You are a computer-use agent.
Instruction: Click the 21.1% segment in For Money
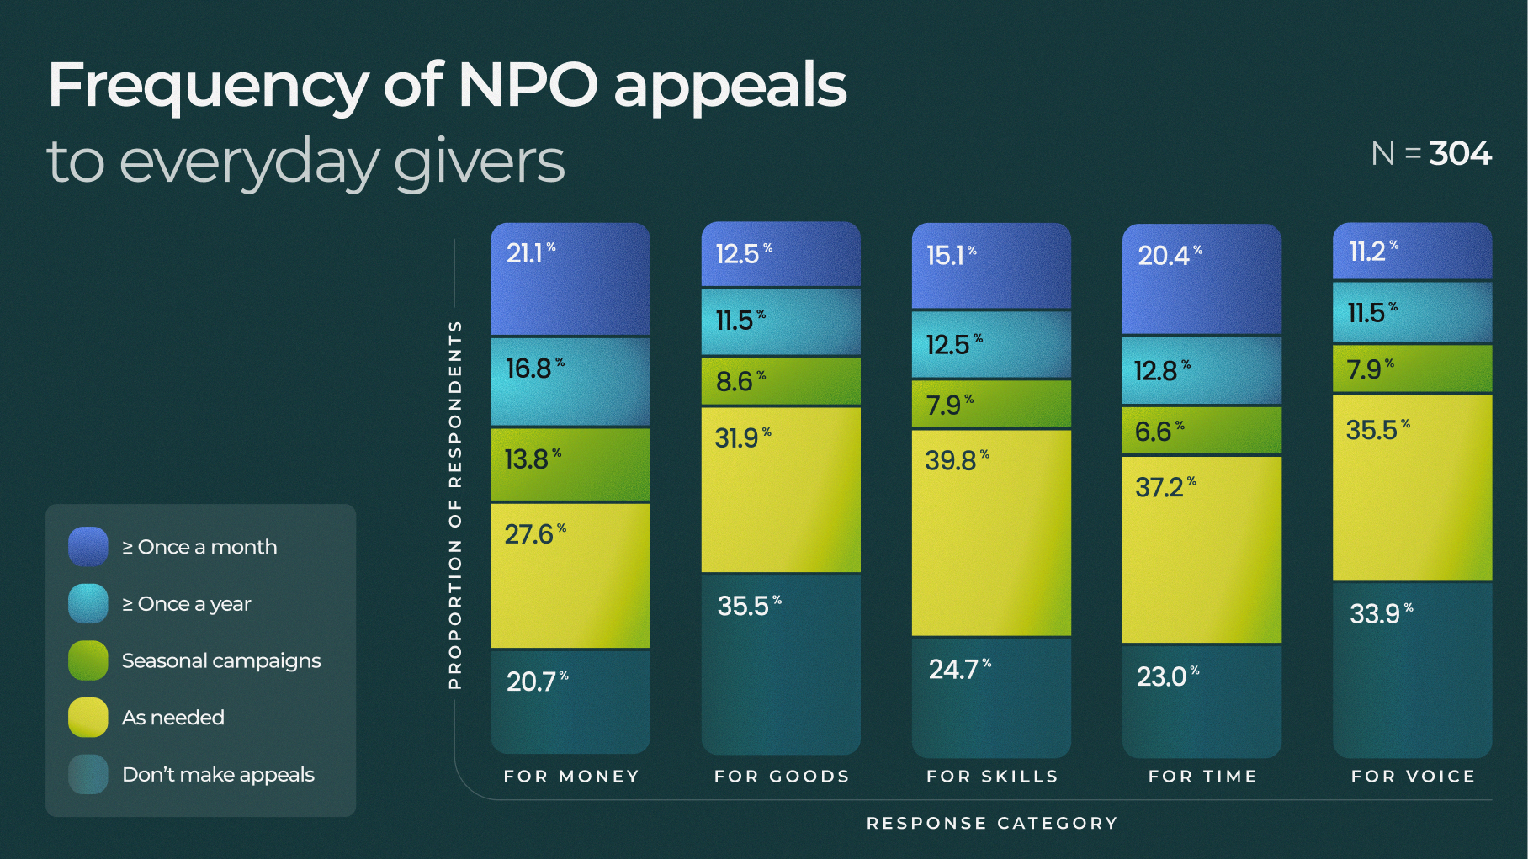pos(570,279)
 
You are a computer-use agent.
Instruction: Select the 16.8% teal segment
pos(570,381)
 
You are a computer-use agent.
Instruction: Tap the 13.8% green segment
pos(570,464)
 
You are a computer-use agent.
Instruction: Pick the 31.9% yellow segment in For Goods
pos(781,490)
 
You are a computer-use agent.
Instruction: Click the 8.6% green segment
pos(781,381)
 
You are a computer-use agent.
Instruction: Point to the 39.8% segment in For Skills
pos(991,533)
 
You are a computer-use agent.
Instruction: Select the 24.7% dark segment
pos(991,697)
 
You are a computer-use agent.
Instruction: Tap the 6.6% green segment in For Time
pos(1202,431)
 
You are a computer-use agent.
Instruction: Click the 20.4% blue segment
pos(1202,279)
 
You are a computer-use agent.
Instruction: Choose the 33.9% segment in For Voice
pos(1412,669)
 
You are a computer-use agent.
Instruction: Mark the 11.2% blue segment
pos(1412,251)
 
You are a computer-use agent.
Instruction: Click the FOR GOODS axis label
pos(782,776)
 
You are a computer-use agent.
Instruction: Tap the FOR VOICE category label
pos(1413,776)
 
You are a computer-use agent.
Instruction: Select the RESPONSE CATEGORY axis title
pos(992,823)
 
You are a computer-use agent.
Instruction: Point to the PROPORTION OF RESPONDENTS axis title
pos(455,505)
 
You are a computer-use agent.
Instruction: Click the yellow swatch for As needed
pos(88,718)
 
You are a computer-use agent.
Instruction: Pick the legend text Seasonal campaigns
pos(220,660)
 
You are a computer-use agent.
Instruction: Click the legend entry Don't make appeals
pos(218,774)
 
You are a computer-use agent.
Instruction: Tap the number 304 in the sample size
pos(1460,154)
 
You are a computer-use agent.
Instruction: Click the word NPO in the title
pos(528,85)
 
